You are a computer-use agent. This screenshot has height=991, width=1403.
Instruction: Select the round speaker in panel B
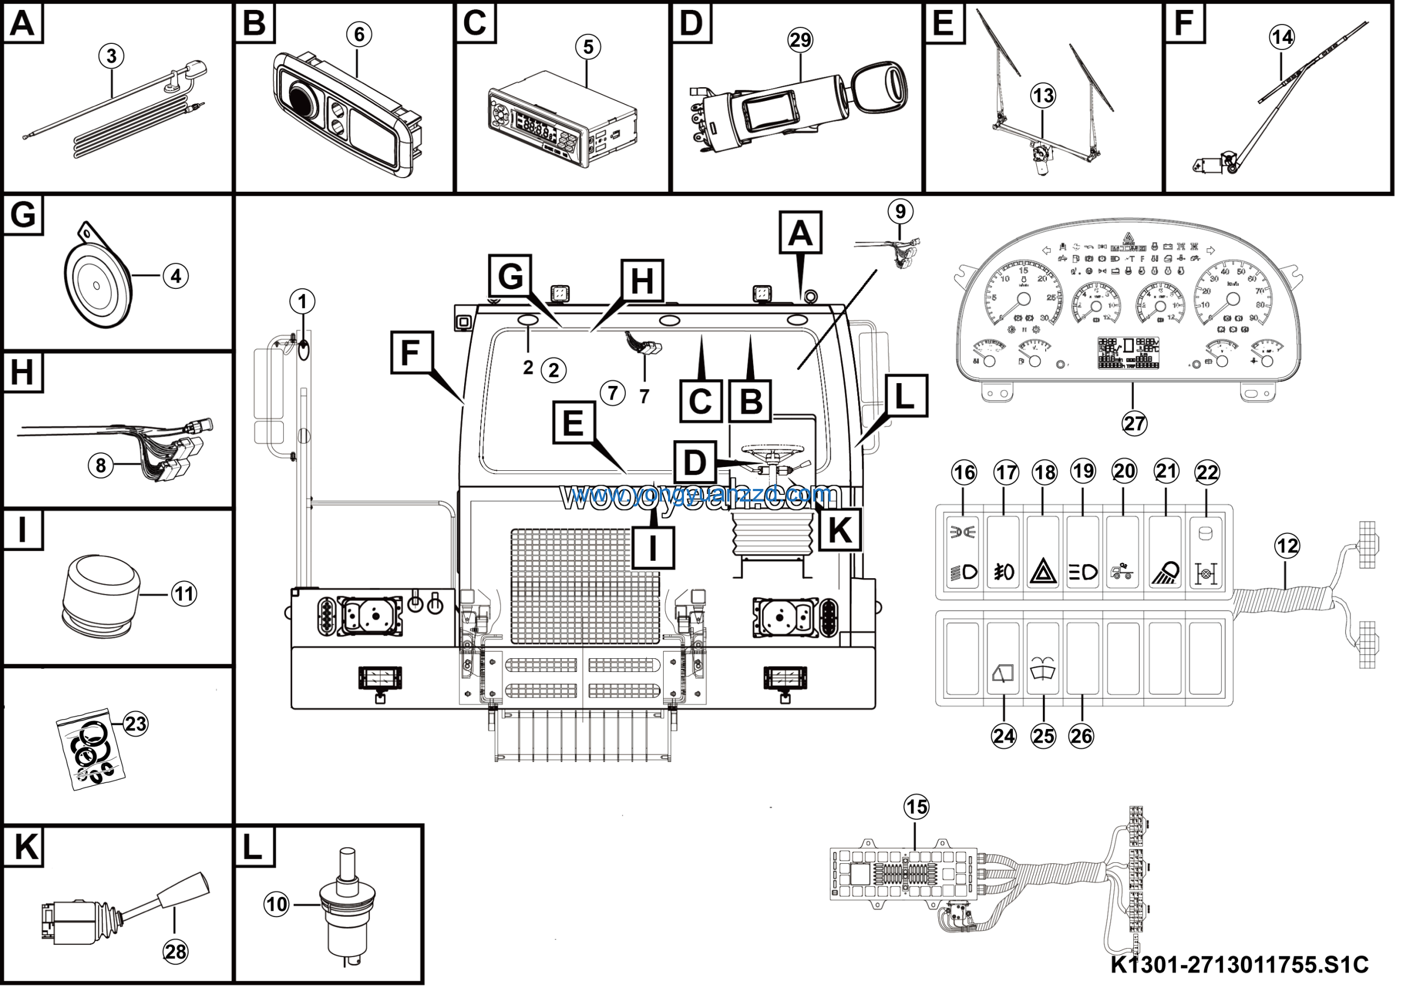[303, 101]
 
